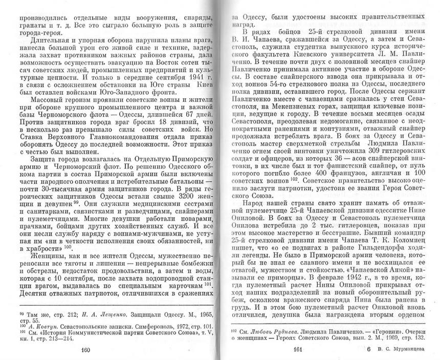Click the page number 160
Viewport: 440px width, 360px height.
pyautogui.click(x=85, y=350)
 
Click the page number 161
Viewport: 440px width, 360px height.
pyautogui.click(x=296, y=350)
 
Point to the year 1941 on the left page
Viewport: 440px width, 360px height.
pyautogui.click(x=181, y=77)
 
